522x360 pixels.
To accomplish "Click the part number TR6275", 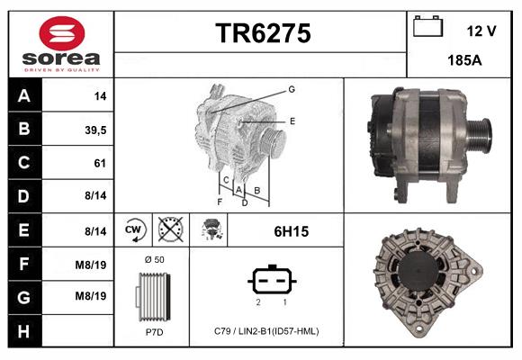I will [262, 33].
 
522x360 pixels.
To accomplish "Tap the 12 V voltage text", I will [481, 31].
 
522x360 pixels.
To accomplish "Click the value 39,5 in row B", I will [94, 129].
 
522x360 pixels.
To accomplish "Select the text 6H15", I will [291, 231].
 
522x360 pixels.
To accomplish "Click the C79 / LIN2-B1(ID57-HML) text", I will [266, 330].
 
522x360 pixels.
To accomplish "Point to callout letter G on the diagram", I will [292, 89].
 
